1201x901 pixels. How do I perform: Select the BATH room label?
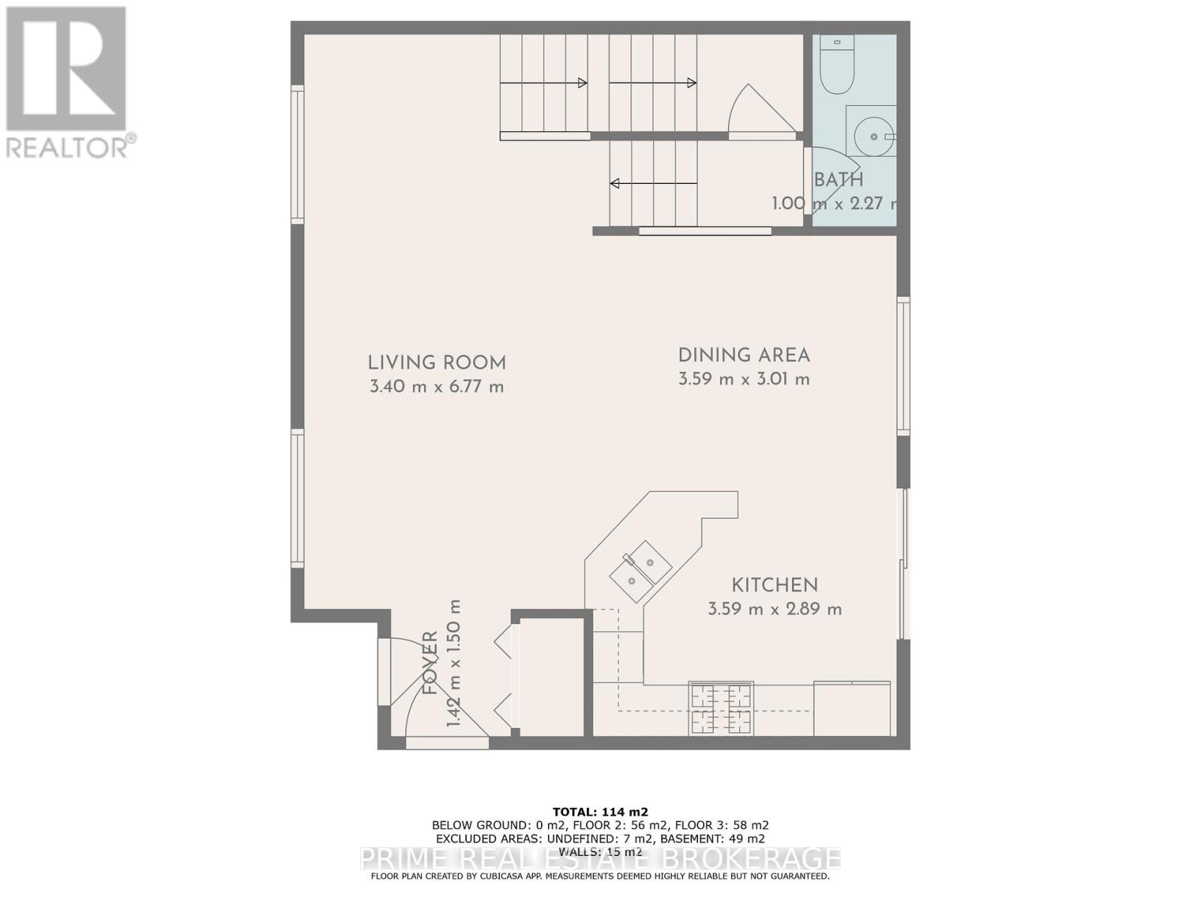838,180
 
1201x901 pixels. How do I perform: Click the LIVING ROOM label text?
436,363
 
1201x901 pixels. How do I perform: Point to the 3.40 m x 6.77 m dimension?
436,387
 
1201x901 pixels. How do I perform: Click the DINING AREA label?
743,355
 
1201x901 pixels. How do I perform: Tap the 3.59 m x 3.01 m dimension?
743,379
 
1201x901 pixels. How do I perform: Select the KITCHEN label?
775,585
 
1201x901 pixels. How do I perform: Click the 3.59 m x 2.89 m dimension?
775,609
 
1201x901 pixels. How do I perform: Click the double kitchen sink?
640,568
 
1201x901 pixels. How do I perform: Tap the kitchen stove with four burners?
721,709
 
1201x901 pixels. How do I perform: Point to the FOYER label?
430,662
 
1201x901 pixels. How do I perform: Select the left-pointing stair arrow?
652,183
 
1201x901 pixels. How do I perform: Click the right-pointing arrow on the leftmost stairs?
543,83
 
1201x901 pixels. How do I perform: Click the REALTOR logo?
67,83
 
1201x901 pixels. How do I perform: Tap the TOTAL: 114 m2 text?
600,812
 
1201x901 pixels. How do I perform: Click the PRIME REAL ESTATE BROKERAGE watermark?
600,858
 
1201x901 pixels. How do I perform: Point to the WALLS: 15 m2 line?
600,851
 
